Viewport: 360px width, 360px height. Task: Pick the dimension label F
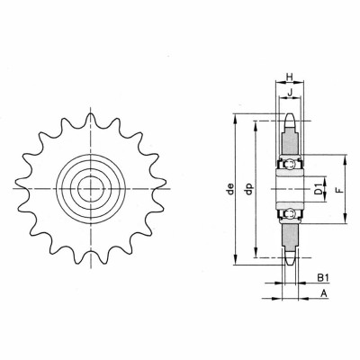click(338, 190)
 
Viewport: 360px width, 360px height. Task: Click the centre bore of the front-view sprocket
click(89, 188)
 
